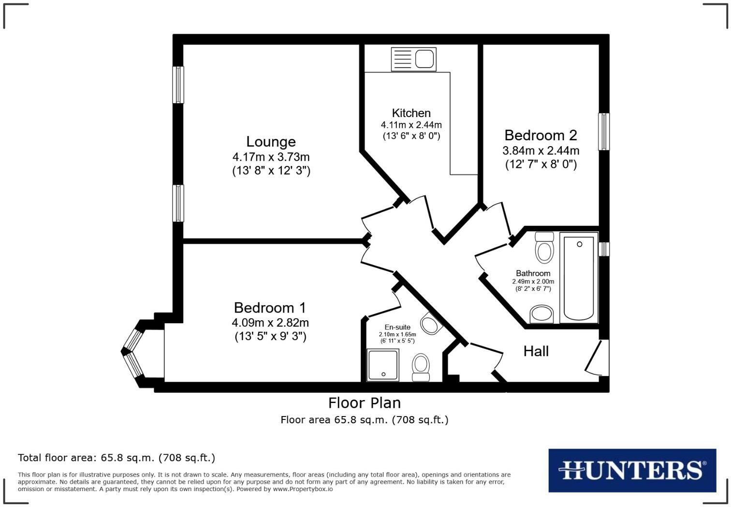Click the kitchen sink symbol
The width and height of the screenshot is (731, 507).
pos(413,60)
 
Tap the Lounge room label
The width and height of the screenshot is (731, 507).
pos(271,142)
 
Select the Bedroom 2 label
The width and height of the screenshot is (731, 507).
pos(541,135)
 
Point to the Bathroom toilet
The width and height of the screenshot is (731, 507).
pos(544,248)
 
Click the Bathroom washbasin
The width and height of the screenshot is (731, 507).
pos(541,314)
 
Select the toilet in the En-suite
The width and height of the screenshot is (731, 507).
pos(421,368)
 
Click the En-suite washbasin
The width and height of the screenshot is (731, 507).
pos(429,323)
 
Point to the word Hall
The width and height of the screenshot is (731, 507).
pos(536,351)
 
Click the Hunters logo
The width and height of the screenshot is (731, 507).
pos(632,470)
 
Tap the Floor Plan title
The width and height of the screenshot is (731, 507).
pos(364,403)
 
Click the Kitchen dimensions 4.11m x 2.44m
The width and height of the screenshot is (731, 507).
pos(411,125)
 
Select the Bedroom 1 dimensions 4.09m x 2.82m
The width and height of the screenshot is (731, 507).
pos(270,323)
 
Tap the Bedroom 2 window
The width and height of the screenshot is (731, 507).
pos(603,132)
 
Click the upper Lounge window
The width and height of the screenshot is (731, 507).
pos(178,85)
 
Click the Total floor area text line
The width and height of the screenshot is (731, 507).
pos(117,458)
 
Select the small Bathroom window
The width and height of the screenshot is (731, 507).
pos(603,249)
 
